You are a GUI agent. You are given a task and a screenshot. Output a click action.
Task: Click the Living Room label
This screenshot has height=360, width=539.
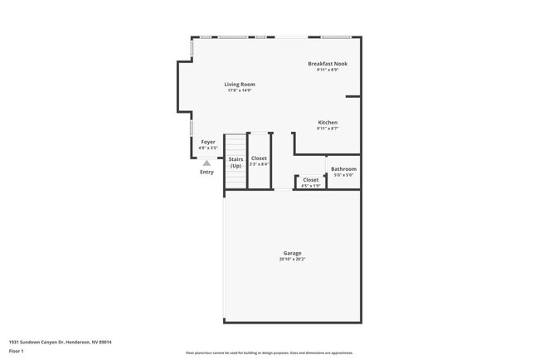[239, 84]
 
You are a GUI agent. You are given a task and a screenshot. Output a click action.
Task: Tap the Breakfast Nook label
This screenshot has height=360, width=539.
[328, 63]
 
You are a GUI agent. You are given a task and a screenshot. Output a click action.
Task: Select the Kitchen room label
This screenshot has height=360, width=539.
[328, 122]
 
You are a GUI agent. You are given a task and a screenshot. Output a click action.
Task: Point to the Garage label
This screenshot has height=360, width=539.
[292, 253]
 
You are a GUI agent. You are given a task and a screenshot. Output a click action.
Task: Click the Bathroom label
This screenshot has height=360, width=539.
[343, 169]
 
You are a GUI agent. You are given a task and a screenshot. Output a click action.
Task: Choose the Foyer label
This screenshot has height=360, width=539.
[208, 142]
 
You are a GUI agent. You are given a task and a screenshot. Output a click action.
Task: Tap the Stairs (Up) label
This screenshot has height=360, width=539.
[236, 162]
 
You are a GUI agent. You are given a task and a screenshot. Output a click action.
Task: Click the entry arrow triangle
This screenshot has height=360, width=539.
[206, 163]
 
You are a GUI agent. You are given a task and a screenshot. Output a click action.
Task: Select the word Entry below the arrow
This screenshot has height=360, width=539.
[206, 172]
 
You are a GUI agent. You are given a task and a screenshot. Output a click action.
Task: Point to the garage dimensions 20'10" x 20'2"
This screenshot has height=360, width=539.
[292, 260]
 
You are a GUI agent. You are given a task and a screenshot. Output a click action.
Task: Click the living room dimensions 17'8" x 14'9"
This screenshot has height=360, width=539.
[239, 90]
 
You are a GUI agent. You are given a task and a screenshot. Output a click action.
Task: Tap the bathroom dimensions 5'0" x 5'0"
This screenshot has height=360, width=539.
[343, 175]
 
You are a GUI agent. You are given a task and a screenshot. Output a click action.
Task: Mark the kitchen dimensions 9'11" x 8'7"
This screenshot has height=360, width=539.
[328, 129]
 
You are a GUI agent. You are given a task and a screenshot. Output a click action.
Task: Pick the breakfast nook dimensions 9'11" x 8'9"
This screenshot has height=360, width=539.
[328, 70]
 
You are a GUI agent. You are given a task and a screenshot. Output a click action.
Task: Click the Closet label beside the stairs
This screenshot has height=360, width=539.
[259, 158]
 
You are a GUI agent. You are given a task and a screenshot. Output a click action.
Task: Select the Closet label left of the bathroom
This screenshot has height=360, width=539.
[310, 179]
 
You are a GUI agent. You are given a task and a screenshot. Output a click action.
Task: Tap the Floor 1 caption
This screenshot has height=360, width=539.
[17, 352]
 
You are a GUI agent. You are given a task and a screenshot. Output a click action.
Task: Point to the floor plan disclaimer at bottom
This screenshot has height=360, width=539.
[269, 353]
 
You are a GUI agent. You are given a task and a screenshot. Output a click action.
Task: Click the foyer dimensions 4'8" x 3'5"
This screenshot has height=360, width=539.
[208, 148]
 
